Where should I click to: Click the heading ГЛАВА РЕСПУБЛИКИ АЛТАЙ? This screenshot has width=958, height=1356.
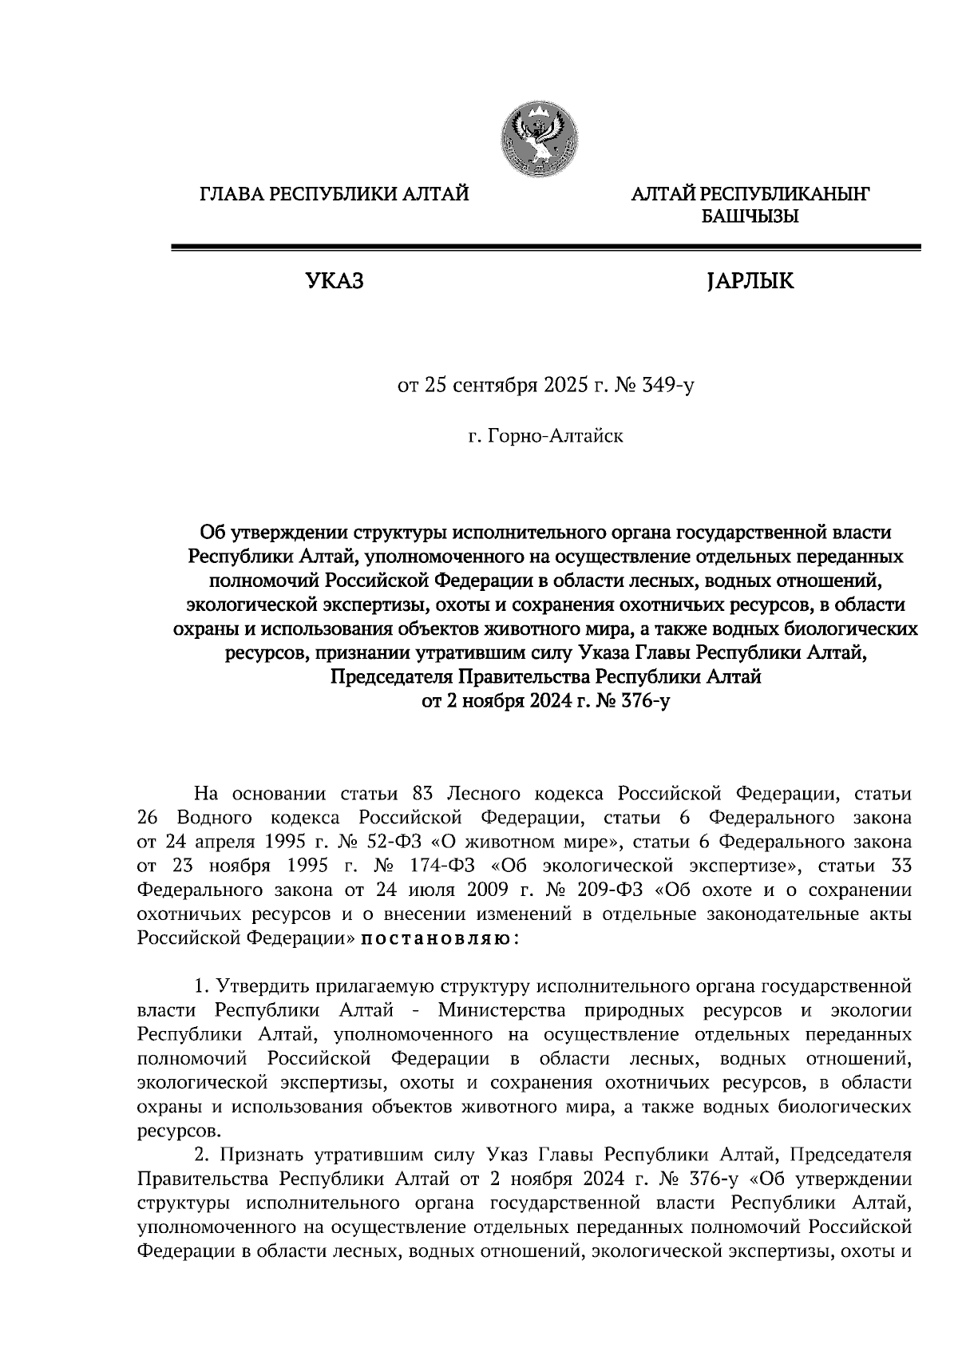click(x=334, y=194)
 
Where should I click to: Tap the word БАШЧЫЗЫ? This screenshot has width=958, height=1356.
click(x=749, y=216)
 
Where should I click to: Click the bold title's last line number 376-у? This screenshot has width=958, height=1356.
click(x=638, y=701)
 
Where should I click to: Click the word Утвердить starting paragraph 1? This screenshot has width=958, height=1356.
click(x=262, y=986)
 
